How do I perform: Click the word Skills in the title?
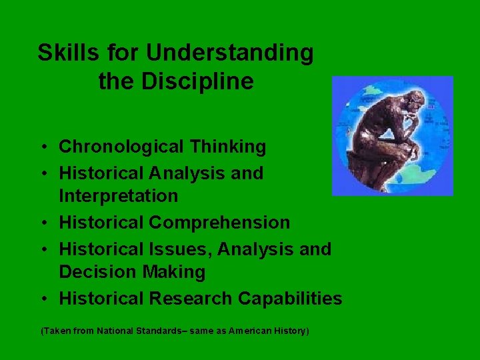click(x=65, y=53)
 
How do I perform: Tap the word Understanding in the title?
click(x=229, y=53)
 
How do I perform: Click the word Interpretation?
click(x=119, y=196)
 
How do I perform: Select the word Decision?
click(x=96, y=272)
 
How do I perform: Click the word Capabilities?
click(x=290, y=299)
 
